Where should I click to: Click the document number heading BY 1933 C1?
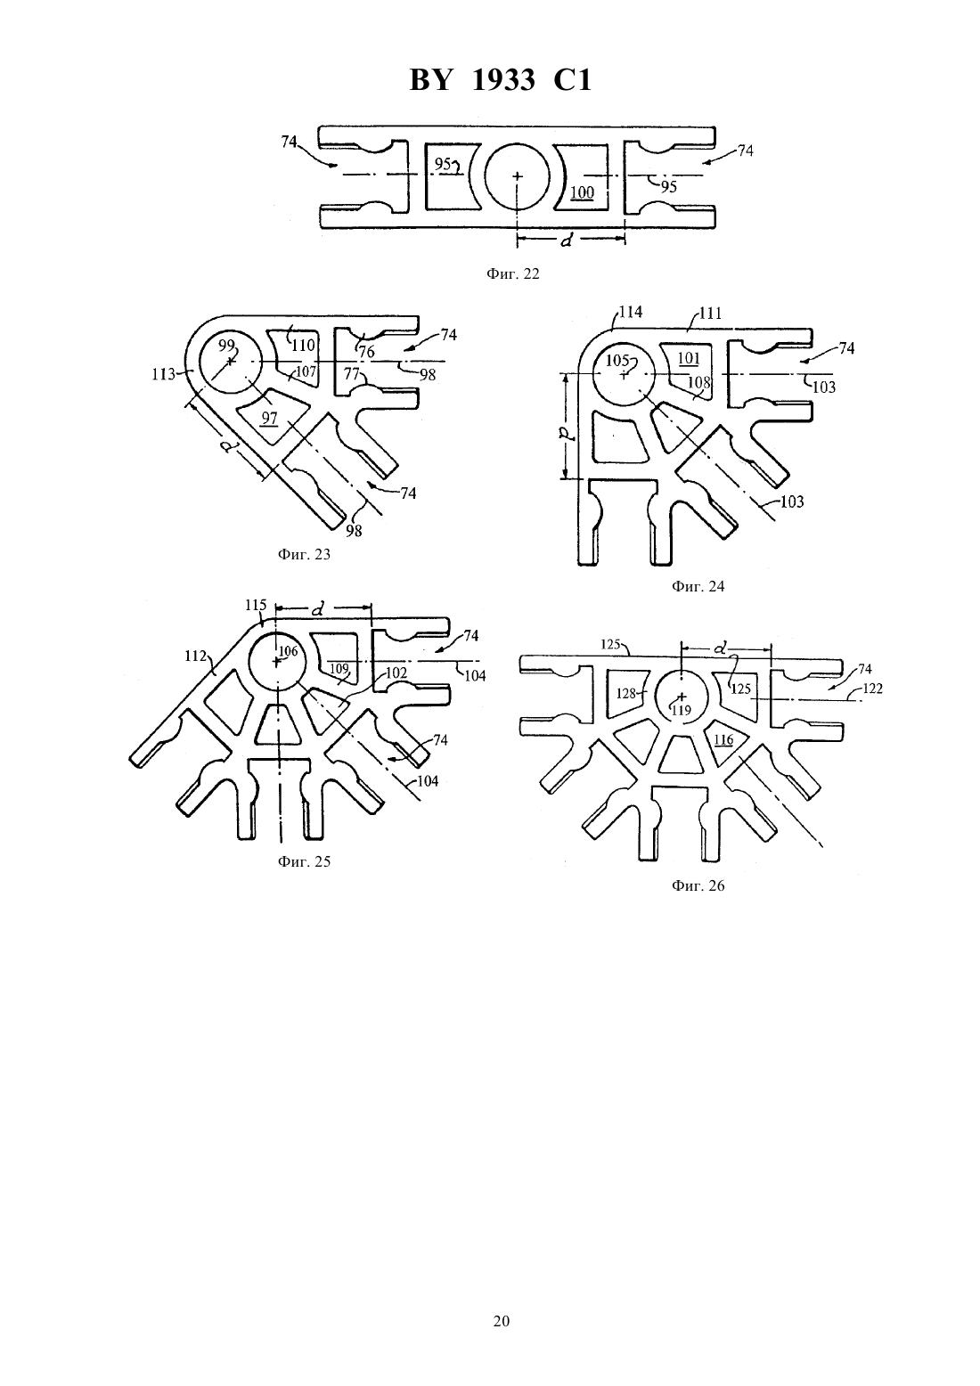coord(501,80)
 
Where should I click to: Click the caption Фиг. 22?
coord(513,273)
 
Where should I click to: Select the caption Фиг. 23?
coord(304,554)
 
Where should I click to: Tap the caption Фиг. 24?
coord(698,586)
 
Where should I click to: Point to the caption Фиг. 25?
coord(304,861)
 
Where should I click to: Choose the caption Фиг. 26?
coord(698,885)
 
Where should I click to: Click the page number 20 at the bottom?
coord(501,1321)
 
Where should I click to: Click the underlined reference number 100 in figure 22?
coord(582,193)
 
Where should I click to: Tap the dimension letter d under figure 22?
coord(566,241)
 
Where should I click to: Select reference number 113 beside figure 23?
coord(163,374)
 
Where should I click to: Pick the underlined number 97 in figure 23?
coord(269,419)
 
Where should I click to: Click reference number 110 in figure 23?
coord(303,346)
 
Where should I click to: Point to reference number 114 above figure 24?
coord(631,311)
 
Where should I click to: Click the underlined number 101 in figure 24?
coord(689,358)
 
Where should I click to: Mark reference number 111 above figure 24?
coord(710,313)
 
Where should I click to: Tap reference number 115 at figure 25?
coord(256,605)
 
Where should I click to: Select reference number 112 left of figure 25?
coord(195,656)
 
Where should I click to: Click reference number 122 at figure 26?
coord(872,688)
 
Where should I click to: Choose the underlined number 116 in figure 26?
coord(723,740)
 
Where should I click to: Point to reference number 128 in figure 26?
coord(626,694)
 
